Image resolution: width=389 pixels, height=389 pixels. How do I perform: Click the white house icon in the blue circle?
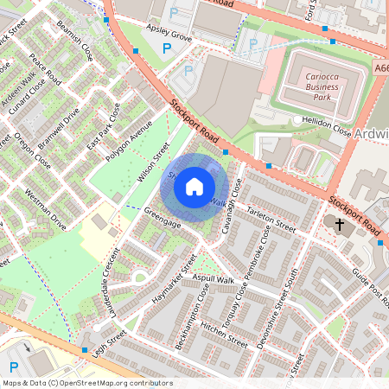tap(194, 187)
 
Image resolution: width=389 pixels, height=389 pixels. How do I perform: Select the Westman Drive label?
tap(45, 208)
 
